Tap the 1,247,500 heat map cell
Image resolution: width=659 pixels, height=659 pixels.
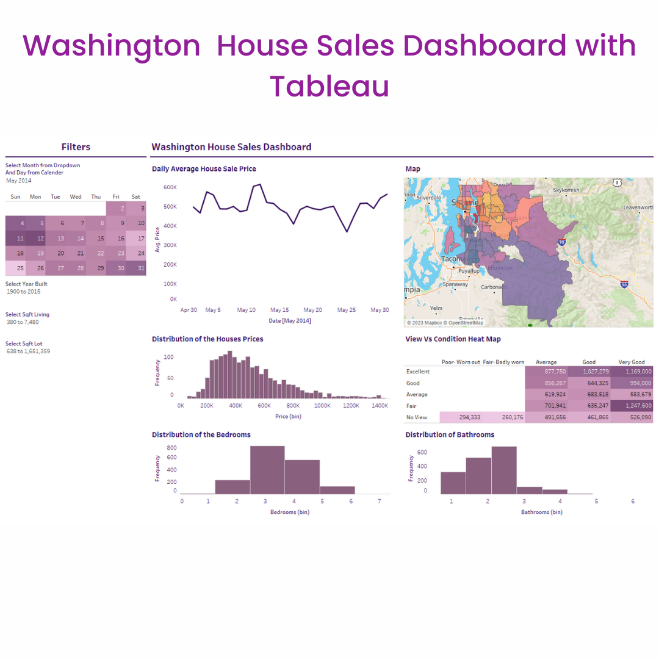(x=632, y=406)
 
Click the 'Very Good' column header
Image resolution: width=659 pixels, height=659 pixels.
(x=632, y=362)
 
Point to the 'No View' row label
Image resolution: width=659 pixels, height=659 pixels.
(x=417, y=417)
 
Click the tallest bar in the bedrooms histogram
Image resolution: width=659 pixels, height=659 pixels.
(x=267, y=470)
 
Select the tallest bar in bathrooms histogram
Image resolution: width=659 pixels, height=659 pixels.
(x=504, y=470)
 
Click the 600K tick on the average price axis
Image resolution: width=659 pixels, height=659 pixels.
(x=170, y=187)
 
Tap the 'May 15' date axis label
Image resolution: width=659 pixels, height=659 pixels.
(x=279, y=310)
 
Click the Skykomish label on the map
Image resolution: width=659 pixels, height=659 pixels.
(x=566, y=190)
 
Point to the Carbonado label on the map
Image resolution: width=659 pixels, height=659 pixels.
(x=494, y=287)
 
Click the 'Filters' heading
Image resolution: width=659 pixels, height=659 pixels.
(x=76, y=147)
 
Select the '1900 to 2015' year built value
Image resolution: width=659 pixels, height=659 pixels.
(x=24, y=292)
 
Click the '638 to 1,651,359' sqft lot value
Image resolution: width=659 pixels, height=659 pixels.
(x=28, y=351)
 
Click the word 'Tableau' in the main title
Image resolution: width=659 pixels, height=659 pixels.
(x=329, y=86)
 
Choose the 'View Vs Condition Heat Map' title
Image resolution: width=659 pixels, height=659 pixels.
(x=453, y=339)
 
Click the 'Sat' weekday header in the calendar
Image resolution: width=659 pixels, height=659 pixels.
(x=135, y=197)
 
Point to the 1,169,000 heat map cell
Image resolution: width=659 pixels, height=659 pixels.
(x=632, y=371)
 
